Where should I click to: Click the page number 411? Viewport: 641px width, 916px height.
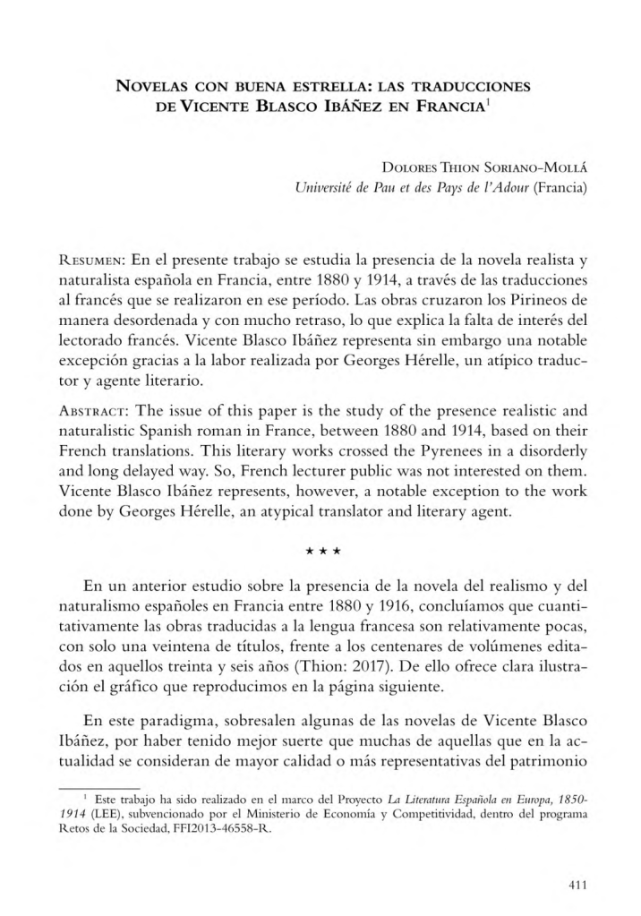(577, 886)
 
